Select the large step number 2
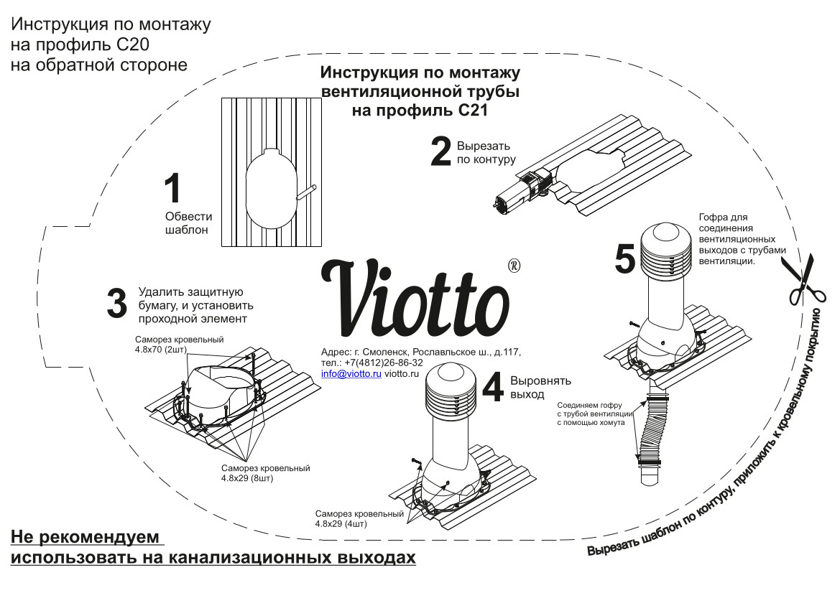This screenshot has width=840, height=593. (440, 151)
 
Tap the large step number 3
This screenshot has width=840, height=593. (116, 303)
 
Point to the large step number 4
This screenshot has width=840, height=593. (492, 388)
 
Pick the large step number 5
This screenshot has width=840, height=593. (625, 258)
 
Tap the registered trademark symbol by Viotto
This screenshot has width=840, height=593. (514, 265)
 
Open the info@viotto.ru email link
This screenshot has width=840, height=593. (351, 374)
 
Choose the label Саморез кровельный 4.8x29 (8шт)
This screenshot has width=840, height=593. (265, 473)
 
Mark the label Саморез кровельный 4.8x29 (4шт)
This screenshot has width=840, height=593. (359, 519)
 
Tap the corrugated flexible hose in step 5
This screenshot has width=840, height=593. (655, 431)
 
